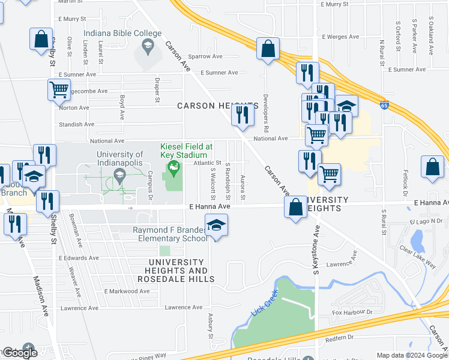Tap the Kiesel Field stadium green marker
(174, 166)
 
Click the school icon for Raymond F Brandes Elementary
(215, 226)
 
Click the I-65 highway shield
(384, 106)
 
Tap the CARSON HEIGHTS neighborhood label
(217, 106)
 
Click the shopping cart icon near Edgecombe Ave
(58, 90)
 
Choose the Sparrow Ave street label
(205, 56)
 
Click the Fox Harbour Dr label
(352, 313)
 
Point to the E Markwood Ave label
(126, 292)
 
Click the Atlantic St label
(207, 163)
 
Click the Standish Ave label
(76, 125)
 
